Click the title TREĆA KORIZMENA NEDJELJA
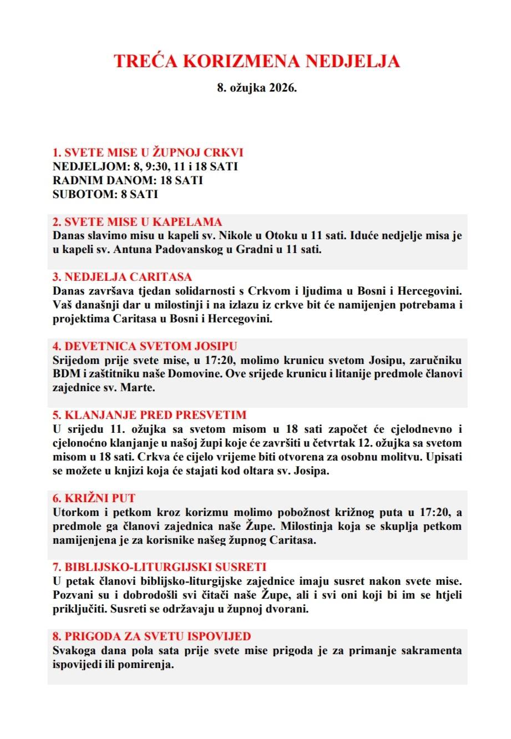(x=256, y=61)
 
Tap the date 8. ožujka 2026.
(x=256, y=88)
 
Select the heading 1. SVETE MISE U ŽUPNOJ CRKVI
(x=148, y=153)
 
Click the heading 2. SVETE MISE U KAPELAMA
(x=137, y=222)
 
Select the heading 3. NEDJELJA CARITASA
(x=122, y=277)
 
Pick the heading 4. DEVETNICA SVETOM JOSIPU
(x=145, y=346)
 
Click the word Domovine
(x=196, y=373)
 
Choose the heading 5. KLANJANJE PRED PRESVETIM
(x=149, y=415)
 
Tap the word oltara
(x=264, y=471)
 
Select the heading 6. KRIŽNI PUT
(x=94, y=498)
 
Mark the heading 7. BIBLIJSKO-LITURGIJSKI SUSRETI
(x=159, y=567)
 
